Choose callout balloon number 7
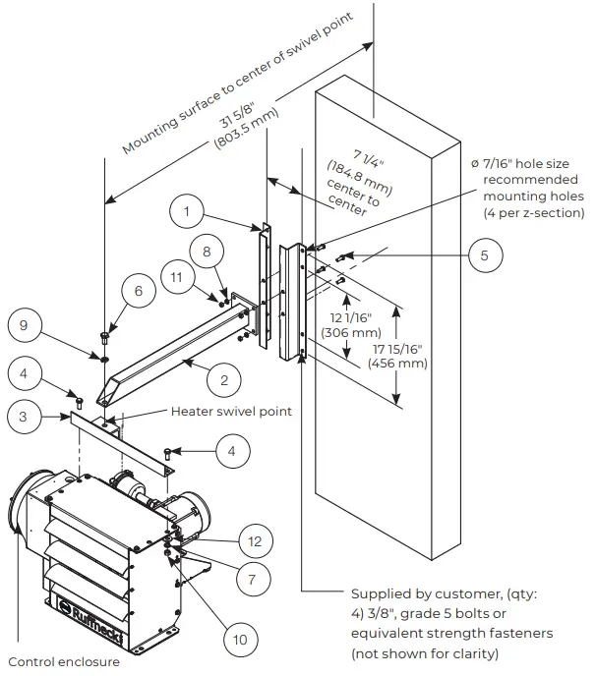tap(252, 580)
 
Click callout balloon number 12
tap(255, 539)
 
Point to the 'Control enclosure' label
tap(64, 661)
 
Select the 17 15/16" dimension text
tap(399, 355)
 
